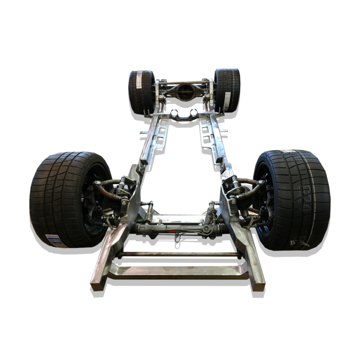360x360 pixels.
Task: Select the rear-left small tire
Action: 141,92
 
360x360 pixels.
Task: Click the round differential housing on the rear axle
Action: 185,92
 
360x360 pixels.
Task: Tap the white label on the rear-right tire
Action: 227,101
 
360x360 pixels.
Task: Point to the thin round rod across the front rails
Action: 180,255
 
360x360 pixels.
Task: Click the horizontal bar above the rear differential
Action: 184,83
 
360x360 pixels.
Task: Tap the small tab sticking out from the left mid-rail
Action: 144,132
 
